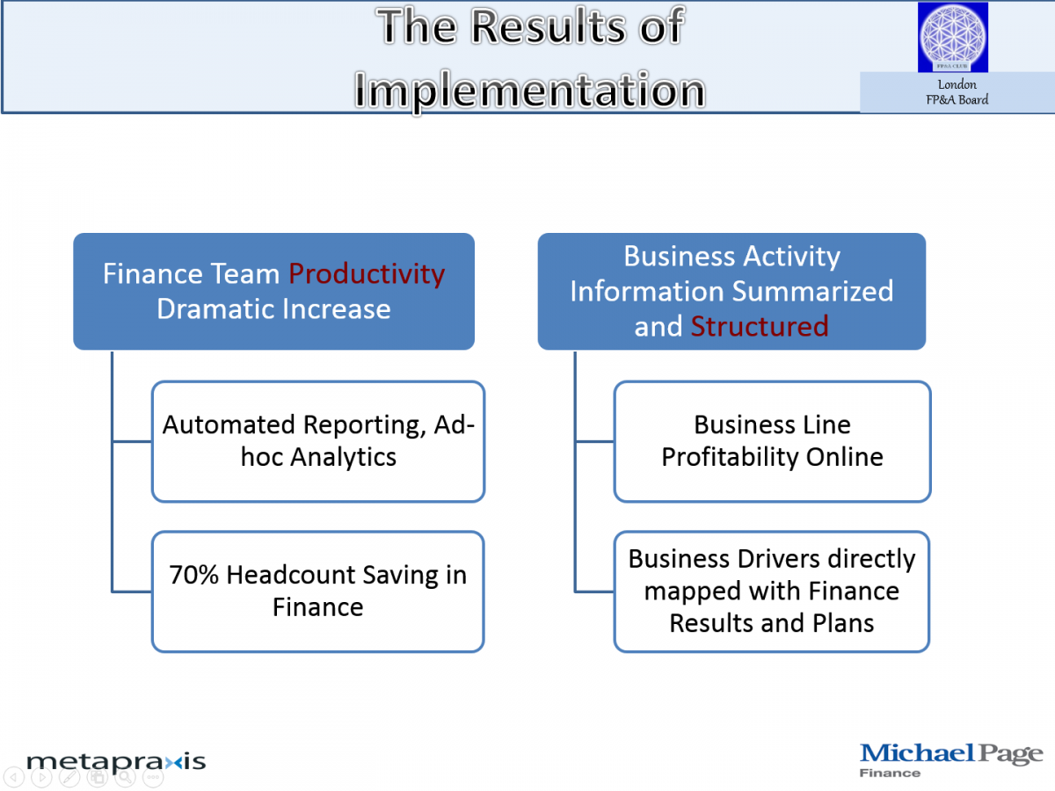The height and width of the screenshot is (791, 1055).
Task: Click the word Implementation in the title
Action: click(529, 90)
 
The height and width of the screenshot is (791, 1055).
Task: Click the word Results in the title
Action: click(548, 26)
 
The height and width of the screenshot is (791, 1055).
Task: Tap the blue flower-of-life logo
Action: click(952, 37)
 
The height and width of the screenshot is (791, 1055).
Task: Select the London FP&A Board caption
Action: click(957, 92)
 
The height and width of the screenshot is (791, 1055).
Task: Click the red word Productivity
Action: click(367, 273)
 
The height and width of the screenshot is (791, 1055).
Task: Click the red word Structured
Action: click(760, 326)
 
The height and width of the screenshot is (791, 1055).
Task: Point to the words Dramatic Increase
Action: click(273, 308)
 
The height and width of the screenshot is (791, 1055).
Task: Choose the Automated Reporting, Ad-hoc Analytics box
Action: click(317, 441)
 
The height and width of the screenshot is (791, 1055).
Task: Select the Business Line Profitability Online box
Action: click(772, 441)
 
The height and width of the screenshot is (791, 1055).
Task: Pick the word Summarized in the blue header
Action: click(812, 291)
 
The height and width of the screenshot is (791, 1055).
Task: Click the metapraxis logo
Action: click(116, 762)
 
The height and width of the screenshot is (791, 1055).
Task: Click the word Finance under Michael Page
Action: click(890, 773)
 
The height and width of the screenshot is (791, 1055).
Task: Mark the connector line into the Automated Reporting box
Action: click(132, 441)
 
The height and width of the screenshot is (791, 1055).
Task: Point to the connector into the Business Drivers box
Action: click(594, 591)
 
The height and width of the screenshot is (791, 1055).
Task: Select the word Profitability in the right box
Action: click(730, 457)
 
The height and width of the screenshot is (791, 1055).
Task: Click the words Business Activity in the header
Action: click(731, 256)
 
